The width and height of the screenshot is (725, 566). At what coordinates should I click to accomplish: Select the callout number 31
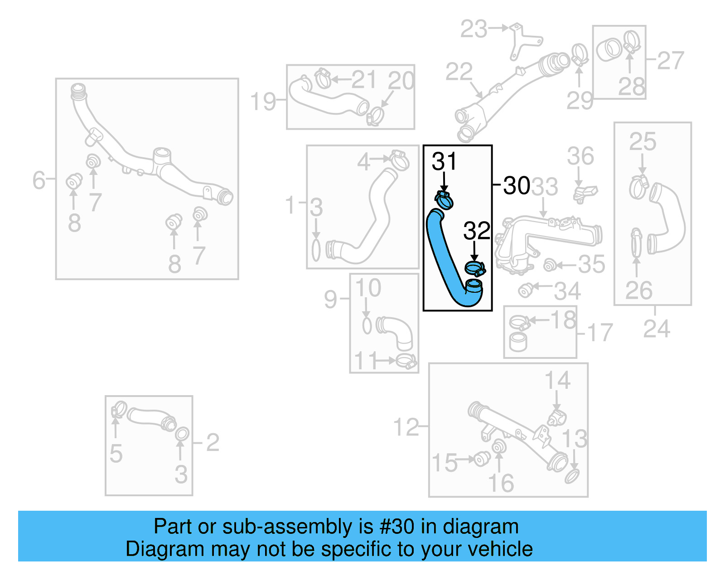click(x=444, y=161)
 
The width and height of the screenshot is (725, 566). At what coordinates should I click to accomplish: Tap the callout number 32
click(x=477, y=231)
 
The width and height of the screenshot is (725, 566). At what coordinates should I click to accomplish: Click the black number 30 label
click(x=517, y=186)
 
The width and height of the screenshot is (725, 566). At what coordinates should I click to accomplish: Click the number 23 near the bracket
click(x=474, y=29)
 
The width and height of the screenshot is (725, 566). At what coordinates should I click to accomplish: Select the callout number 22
click(x=459, y=72)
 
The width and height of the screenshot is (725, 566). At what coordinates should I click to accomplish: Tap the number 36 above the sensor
click(x=580, y=156)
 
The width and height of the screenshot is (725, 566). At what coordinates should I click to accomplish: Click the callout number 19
click(x=263, y=102)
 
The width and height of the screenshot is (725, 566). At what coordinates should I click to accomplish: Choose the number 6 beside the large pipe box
click(x=39, y=180)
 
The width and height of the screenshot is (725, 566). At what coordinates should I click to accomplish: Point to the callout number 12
click(x=406, y=427)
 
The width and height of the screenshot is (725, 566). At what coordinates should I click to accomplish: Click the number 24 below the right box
click(x=657, y=329)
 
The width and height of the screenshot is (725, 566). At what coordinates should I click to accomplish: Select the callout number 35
click(x=592, y=264)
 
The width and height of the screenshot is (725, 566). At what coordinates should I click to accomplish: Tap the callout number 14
click(x=557, y=381)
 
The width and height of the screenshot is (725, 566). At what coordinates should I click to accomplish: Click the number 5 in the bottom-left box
click(x=116, y=454)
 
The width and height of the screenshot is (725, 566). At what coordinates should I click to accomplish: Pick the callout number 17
click(x=600, y=333)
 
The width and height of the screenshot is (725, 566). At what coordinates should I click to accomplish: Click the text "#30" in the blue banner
click(x=397, y=527)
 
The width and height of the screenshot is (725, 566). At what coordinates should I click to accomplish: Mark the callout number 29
click(x=580, y=101)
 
